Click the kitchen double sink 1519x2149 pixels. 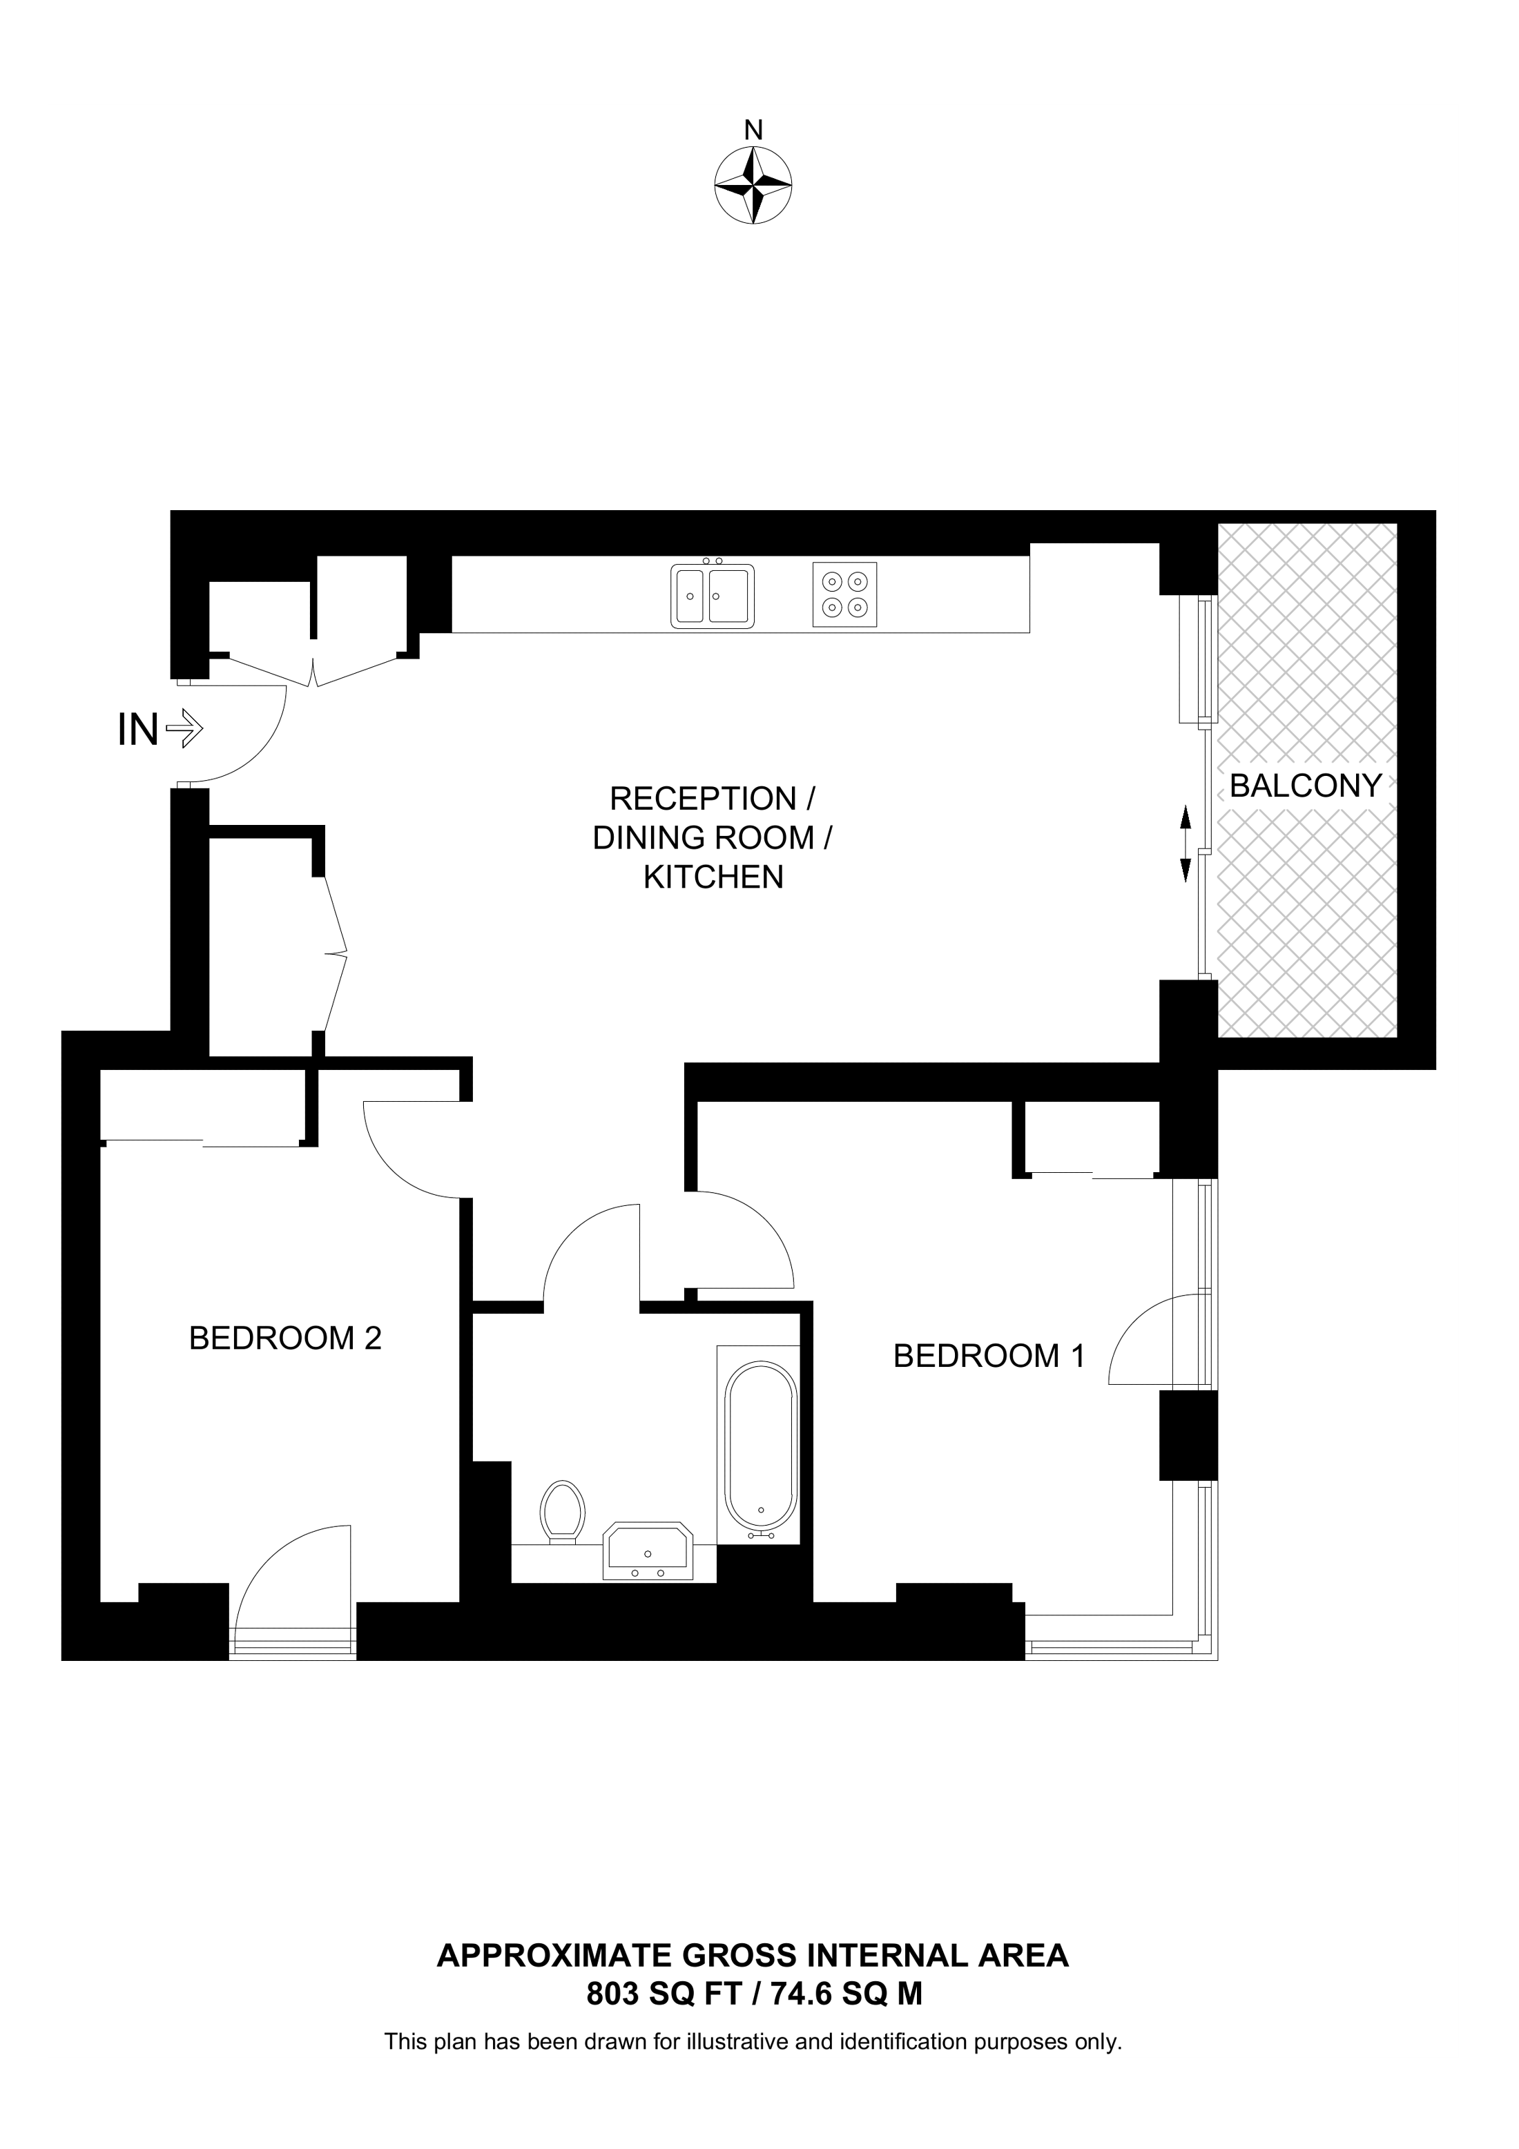tap(713, 595)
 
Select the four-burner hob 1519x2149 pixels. tap(845, 594)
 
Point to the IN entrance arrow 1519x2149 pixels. tap(184, 728)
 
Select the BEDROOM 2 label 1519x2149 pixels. tap(284, 1339)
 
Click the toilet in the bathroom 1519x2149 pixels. tap(563, 1510)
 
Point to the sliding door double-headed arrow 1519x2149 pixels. tap(1185, 844)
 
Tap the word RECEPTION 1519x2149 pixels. tap(702, 799)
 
